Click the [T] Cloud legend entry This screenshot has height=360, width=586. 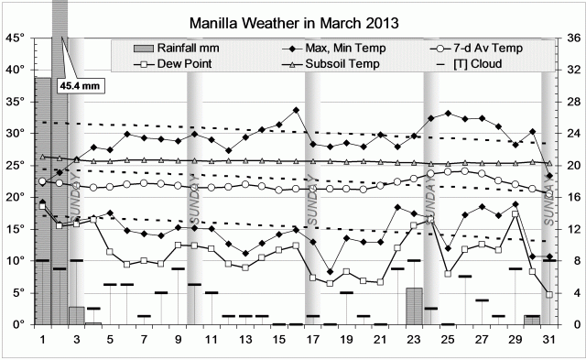point(483,63)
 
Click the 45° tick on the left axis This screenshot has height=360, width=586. point(15,38)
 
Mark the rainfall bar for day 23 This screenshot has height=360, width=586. point(414,306)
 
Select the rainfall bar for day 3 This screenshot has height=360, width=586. point(76,315)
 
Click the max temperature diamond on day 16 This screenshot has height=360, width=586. point(296,110)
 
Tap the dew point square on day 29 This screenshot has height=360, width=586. point(515,213)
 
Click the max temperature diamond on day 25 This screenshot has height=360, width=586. point(448,114)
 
